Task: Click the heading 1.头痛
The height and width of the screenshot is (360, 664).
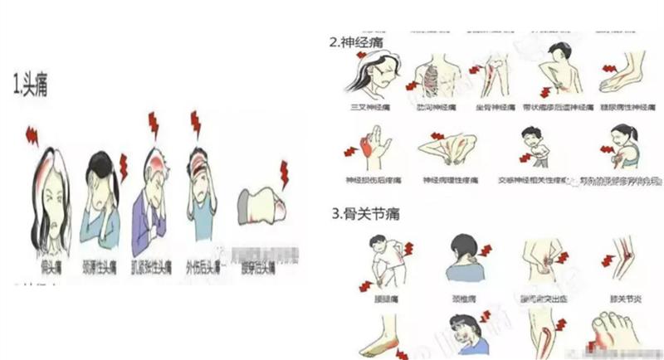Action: coord(30,84)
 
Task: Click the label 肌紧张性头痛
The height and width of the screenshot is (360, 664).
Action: coord(150,267)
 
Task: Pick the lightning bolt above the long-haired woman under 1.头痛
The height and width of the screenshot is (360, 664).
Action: coord(33,133)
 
